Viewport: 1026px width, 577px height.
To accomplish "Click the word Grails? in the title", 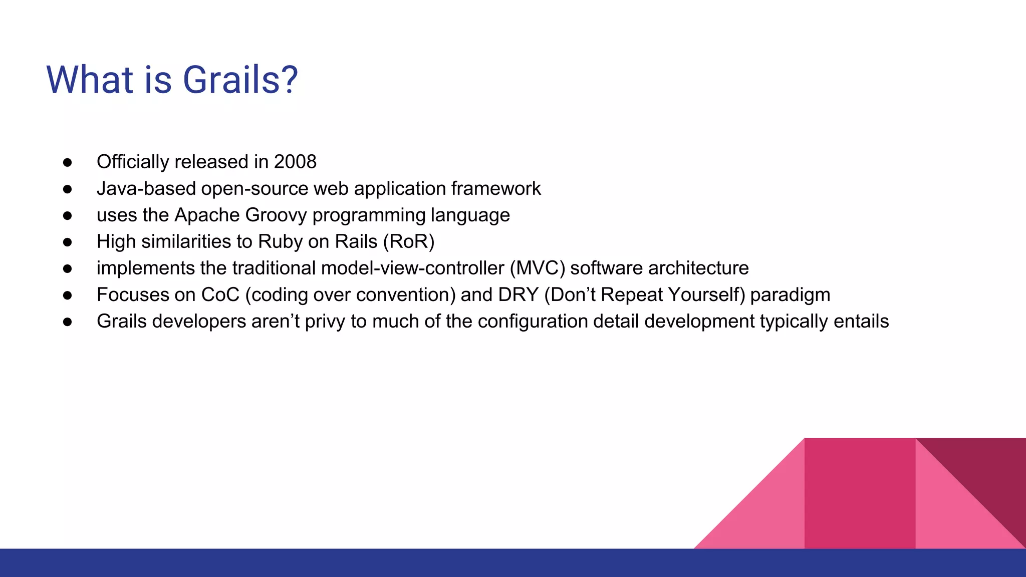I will [240, 80].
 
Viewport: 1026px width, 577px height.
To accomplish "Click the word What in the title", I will [90, 80].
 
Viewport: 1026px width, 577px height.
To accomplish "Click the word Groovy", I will [276, 215].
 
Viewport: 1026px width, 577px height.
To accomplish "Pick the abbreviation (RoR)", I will [409, 242].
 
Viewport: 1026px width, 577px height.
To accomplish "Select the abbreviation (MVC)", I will [538, 268].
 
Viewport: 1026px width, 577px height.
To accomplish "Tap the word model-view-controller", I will [412, 268].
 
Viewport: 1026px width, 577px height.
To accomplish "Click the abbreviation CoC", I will [220, 295].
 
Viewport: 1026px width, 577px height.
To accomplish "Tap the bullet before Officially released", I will [68, 162].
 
